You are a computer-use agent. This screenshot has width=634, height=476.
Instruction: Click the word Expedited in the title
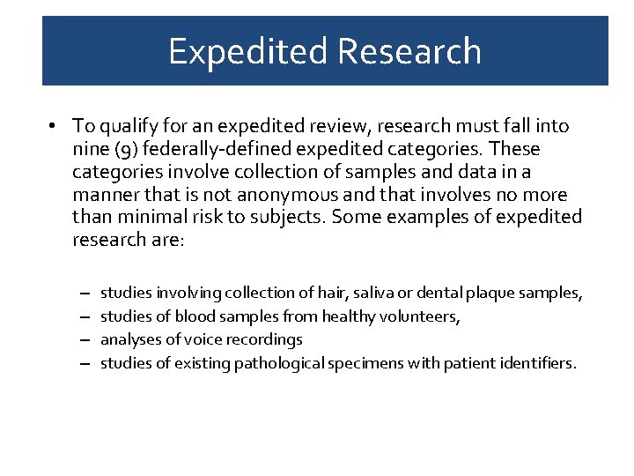click(247, 51)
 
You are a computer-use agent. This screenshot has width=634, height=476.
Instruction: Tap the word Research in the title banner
click(409, 51)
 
